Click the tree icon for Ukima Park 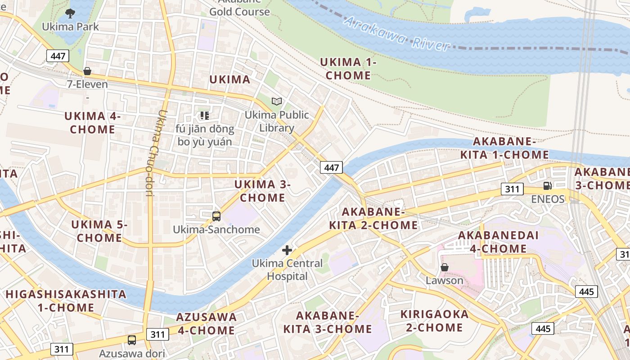[x=70, y=13]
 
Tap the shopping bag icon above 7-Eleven [x=87, y=71]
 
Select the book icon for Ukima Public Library [x=276, y=102]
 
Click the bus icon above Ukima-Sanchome [x=216, y=216]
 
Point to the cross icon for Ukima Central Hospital [x=287, y=250]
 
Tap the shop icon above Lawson [x=445, y=267]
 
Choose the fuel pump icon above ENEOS [x=548, y=186]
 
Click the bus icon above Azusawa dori [x=132, y=340]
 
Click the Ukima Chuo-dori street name [x=155, y=153]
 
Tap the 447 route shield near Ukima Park [x=58, y=56]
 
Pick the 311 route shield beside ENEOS [x=512, y=189]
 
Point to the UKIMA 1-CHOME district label [x=348, y=69]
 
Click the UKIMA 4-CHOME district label [x=92, y=123]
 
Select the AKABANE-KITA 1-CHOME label [x=504, y=148]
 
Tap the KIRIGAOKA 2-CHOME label [x=434, y=320]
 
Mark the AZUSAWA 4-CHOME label [x=206, y=324]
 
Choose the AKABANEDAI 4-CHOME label [x=492, y=242]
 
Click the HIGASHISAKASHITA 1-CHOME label [x=66, y=301]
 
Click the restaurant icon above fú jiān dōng [x=205, y=116]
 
